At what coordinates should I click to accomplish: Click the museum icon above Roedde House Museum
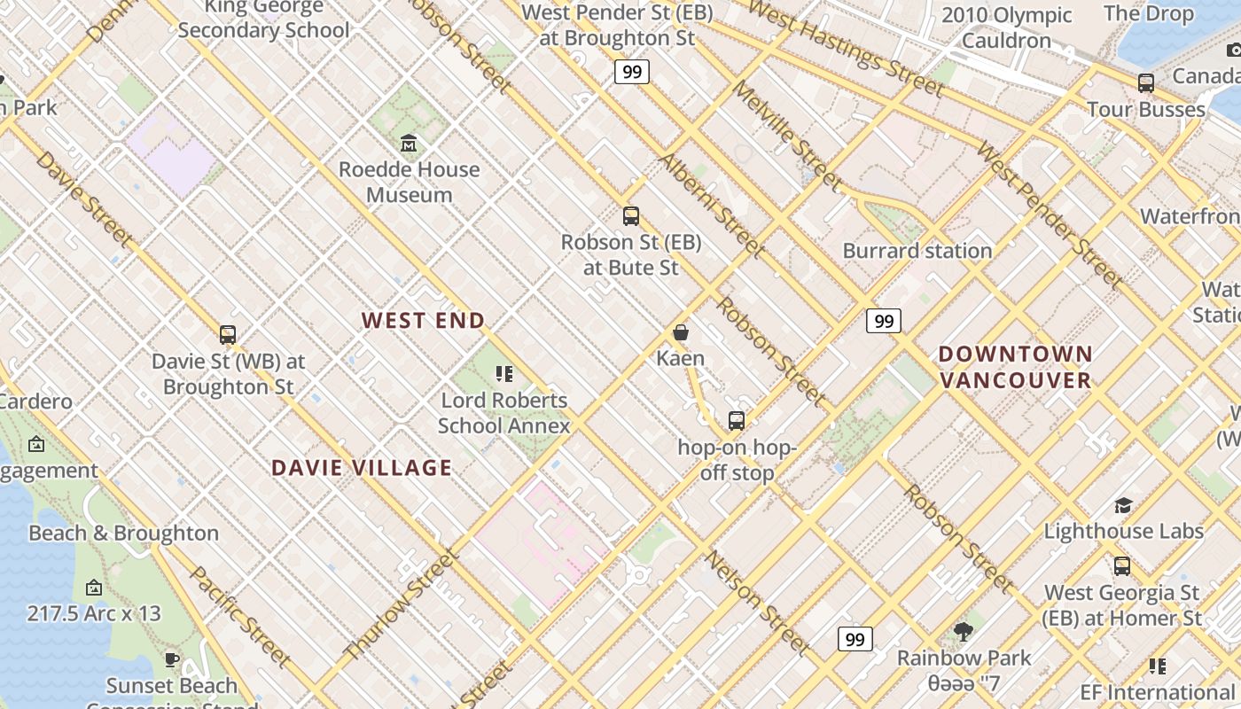click(x=409, y=143)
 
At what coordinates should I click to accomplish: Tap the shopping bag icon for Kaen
click(x=681, y=333)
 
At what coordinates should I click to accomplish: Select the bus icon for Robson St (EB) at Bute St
click(x=631, y=215)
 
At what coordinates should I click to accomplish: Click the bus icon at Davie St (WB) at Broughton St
click(x=228, y=335)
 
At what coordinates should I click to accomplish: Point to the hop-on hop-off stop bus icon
click(x=737, y=421)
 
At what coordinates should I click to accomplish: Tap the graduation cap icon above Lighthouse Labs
click(x=1123, y=506)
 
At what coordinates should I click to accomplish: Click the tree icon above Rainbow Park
click(x=964, y=632)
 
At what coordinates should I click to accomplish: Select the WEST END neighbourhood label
click(x=423, y=321)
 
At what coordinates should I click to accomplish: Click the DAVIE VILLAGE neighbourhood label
click(x=362, y=468)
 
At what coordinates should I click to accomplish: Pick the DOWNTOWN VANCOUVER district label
click(x=1016, y=367)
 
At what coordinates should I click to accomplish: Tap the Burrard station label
click(x=917, y=251)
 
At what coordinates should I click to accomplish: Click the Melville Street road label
click(x=787, y=136)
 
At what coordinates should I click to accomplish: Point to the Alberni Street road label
click(x=711, y=204)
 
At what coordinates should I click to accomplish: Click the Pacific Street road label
click(x=240, y=617)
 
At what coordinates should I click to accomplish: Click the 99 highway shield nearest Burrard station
click(x=884, y=321)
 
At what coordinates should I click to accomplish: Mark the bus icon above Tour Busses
click(x=1146, y=84)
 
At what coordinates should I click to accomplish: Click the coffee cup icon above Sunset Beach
click(x=172, y=660)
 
